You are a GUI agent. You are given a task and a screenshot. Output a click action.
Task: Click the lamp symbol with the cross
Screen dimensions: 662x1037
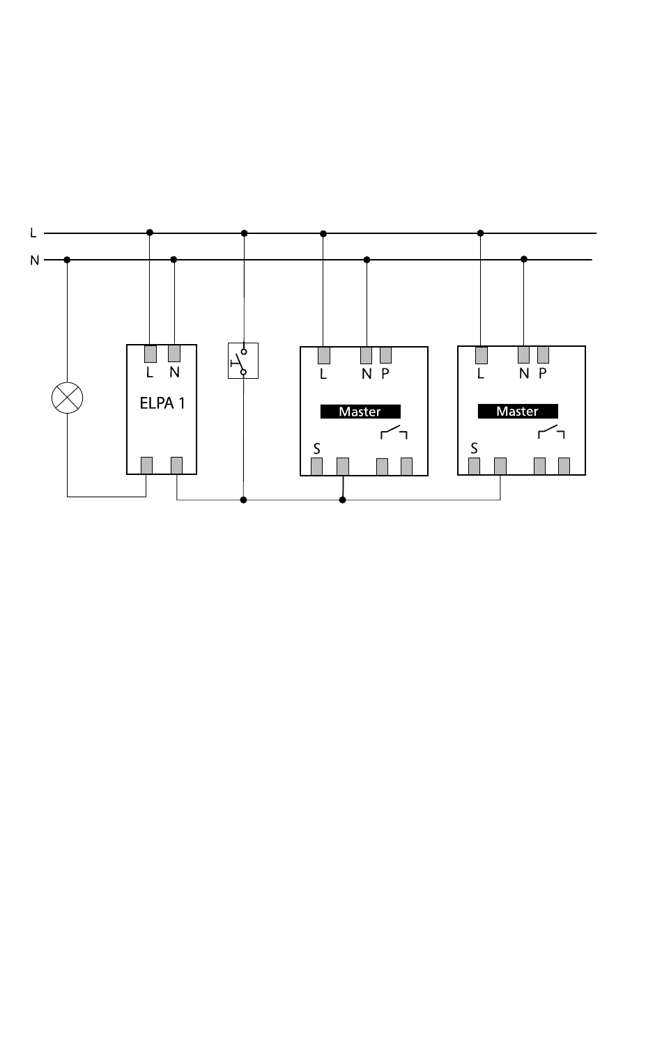tap(67, 398)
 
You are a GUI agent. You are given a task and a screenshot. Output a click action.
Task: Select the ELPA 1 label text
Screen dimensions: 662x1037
tap(162, 403)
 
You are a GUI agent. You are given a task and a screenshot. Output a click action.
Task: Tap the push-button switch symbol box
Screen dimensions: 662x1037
tap(243, 361)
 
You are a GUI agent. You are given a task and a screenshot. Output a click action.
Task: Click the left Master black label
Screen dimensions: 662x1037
tap(360, 412)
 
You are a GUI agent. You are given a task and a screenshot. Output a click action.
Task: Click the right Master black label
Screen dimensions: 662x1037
tap(518, 411)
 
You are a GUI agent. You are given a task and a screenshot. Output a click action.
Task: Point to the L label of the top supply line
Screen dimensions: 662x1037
tap(33, 233)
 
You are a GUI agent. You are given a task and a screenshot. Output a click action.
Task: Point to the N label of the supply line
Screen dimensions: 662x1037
tap(34, 260)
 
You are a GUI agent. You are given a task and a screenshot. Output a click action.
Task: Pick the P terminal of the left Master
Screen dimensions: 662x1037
tap(385, 355)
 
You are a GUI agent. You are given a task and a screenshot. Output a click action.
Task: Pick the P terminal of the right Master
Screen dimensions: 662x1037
tap(543, 354)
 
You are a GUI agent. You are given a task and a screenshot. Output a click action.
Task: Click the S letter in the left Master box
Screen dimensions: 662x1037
tap(317, 449)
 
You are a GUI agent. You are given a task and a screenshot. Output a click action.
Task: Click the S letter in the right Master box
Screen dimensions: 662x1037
tap(474, 448)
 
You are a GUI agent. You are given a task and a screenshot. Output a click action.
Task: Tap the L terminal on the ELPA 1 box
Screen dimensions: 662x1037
tap(150, 354)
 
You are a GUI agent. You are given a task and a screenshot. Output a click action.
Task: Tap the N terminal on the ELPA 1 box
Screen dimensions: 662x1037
tap(174, 353)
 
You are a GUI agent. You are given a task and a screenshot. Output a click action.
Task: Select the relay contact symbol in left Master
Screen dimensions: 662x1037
tap(394, 432)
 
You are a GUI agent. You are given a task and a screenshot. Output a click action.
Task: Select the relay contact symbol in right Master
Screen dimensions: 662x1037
tap(551, 432)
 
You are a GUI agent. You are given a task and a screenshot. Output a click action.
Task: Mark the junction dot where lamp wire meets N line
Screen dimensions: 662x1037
tap(67, 260)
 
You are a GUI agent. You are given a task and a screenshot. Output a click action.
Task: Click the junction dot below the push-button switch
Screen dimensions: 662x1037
tap(244, 500)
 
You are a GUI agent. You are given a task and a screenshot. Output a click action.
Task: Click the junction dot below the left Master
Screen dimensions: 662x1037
tap(342, 500)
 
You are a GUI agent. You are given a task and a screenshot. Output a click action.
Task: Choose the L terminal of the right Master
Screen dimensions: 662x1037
tap(482, 355)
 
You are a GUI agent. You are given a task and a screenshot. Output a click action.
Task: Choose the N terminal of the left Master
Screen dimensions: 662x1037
tap(366, 355)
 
